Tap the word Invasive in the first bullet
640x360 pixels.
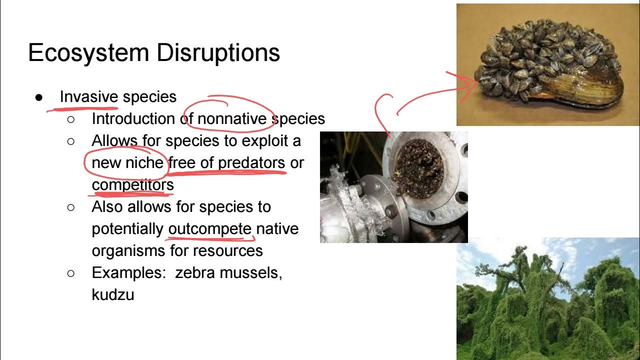88,96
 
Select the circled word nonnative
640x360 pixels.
232,119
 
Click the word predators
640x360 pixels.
251,163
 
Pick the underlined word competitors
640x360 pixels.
132,185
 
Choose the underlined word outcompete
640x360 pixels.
210,229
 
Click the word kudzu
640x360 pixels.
113,295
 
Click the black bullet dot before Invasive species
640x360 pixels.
39,97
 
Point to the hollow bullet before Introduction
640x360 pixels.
70,119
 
